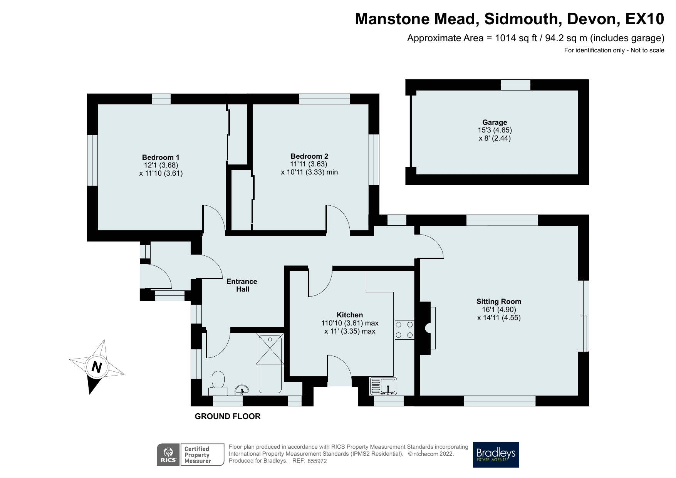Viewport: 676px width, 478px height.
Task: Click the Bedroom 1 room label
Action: (161, 157)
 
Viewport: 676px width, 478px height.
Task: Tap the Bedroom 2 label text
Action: (309, 156)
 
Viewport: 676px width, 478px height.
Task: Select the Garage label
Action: (495, 122)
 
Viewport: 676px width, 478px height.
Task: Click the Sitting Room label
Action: (499, 302)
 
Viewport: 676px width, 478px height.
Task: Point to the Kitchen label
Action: (350, 315)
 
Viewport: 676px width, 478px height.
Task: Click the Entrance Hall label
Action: (242, 285)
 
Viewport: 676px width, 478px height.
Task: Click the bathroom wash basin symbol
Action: (242, 390)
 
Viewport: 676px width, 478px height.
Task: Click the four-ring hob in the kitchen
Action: (404, 330)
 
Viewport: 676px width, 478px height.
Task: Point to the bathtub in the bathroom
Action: (270, 364)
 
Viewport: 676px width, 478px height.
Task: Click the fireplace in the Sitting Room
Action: (428, 328)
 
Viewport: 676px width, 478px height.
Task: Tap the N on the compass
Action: (97, 367)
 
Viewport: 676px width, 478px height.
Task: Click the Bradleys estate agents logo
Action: (496, 455)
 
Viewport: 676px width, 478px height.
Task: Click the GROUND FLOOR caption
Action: (228, 416)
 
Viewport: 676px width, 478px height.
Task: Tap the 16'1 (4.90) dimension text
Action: (499, 310)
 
